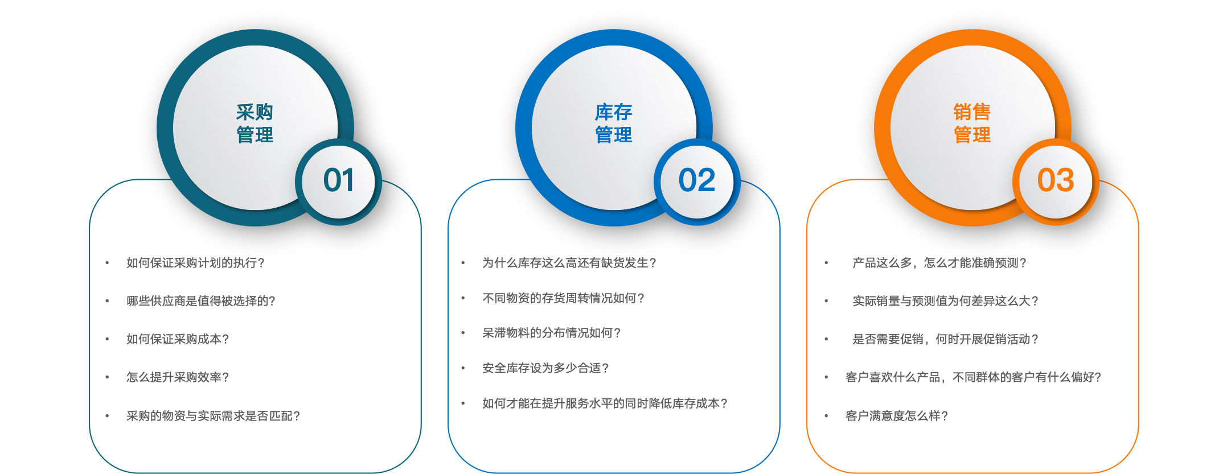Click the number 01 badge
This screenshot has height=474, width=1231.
[339, 181]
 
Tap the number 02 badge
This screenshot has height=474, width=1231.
[697, 181]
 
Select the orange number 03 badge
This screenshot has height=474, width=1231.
[1056, 181]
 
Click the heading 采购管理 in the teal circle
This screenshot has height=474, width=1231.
[255, 123]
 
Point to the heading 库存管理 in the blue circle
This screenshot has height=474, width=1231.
[613, 123]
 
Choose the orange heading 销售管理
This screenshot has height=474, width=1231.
[972, 123]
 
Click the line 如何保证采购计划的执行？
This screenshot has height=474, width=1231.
[195, 263]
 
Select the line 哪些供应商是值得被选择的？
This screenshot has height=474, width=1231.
[201, 301]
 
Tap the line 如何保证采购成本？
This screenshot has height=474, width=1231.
[178, 339]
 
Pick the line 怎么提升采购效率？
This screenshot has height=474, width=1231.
[178, 377]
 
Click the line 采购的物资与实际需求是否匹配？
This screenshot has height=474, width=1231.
[213, 416]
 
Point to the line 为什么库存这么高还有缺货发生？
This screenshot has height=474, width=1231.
[569, 263]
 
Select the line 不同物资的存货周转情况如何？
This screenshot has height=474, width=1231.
[563, 298]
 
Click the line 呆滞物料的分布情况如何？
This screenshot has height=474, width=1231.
[551, 333]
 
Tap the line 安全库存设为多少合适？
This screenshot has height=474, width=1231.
[545, 368]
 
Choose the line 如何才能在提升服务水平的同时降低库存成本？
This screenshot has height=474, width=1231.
[605, 403]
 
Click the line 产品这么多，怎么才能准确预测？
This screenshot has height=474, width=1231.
[939, 263]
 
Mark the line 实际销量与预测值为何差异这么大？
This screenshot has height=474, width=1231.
[945, 301]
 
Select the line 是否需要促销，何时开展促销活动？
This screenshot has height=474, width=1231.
[945, 339]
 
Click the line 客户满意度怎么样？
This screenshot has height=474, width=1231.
[897, 416]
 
